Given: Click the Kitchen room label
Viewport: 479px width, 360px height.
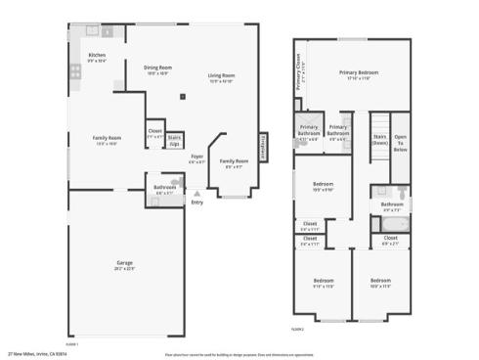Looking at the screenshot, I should point(97,56).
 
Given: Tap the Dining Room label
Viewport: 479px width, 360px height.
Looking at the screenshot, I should point(157,67).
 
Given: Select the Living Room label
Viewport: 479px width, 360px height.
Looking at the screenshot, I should point(221,75).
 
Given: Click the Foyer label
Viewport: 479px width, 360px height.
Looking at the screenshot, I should point(196,156).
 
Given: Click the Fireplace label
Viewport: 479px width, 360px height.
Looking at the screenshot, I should point(262,145).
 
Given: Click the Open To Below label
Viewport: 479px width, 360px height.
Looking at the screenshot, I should point(400,144).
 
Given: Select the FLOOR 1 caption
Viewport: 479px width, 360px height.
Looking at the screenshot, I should point(71,343).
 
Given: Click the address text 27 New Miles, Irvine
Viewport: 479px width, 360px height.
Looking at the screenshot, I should point(35,354).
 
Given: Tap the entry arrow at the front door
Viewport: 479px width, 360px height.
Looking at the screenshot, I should point(196,194).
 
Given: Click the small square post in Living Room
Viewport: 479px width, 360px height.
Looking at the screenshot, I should point(183,96).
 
